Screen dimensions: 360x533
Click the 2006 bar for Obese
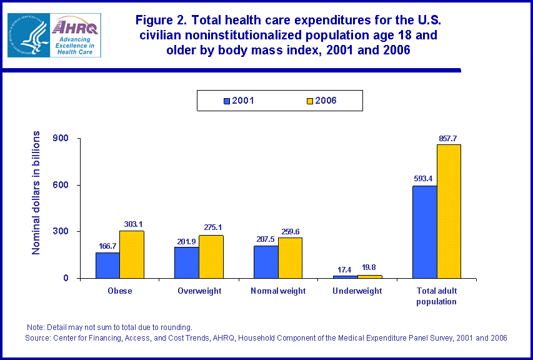coord(132,254)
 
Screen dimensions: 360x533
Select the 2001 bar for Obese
coord(107,265)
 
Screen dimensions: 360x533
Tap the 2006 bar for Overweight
coord(211,256)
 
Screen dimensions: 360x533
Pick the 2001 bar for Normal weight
coord(266,262)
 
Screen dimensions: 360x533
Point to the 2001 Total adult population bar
coord(425,232)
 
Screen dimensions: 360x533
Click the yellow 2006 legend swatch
coord(309,100)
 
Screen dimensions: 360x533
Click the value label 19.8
coord(370,267)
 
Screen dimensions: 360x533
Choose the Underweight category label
coord(357,291)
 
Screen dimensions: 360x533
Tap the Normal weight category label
coord(278,291)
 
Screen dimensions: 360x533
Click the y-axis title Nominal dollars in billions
coord(37,192)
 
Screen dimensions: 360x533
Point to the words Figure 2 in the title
coord(159,21)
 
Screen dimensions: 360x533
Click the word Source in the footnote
coord(37,337)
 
